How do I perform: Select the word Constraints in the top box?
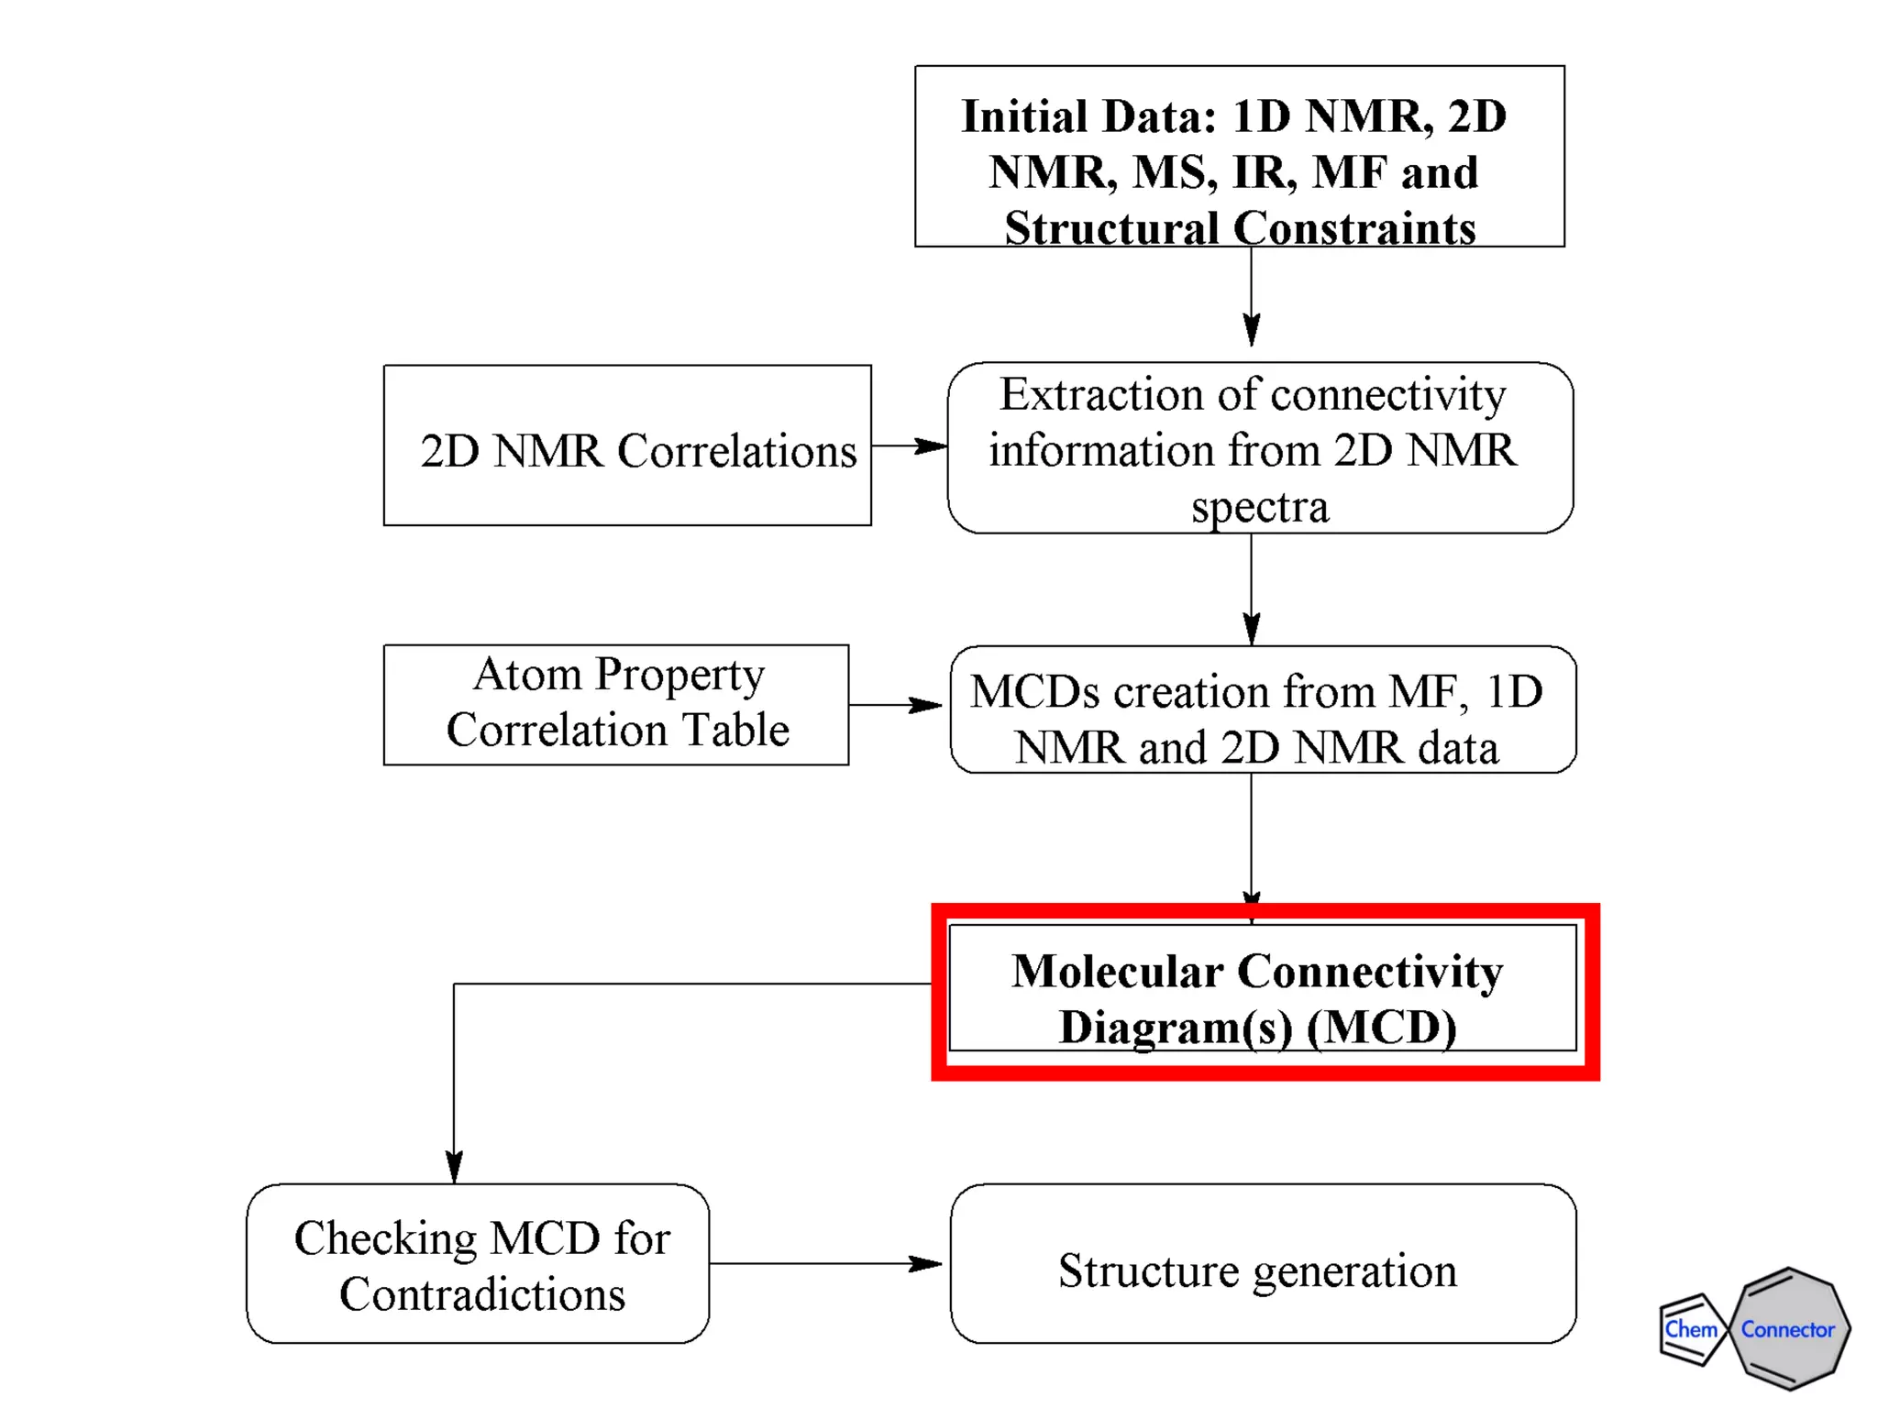pyautogui.click(x=1354, y=228)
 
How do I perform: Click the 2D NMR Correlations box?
pyautogui.click(x=627, y=445)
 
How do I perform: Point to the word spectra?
pyautogui.click(x=1260, y=507)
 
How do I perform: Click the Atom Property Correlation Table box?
pyautogui.click(x=616, y=704)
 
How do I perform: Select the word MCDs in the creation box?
pyautogui.click(x=1033, y=692)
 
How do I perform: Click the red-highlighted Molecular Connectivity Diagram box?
pyautogui.click(x=1264, y=990)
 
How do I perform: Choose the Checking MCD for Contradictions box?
pyautogui.click(x=478, y=1263)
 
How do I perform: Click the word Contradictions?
pyautogui.click(x=482, y=1294)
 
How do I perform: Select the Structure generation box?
pyautogui.click(x=1263, y=1263)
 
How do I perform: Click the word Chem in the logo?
pyautogui.click(x=1690, y=1329)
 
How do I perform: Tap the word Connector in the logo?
pyautogui.click(x=1787, y=1329)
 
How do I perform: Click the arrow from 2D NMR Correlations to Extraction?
pyautogui.click(x=909, y=445)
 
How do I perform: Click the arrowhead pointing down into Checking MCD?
pyautogui.click(x=454, y=1166)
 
